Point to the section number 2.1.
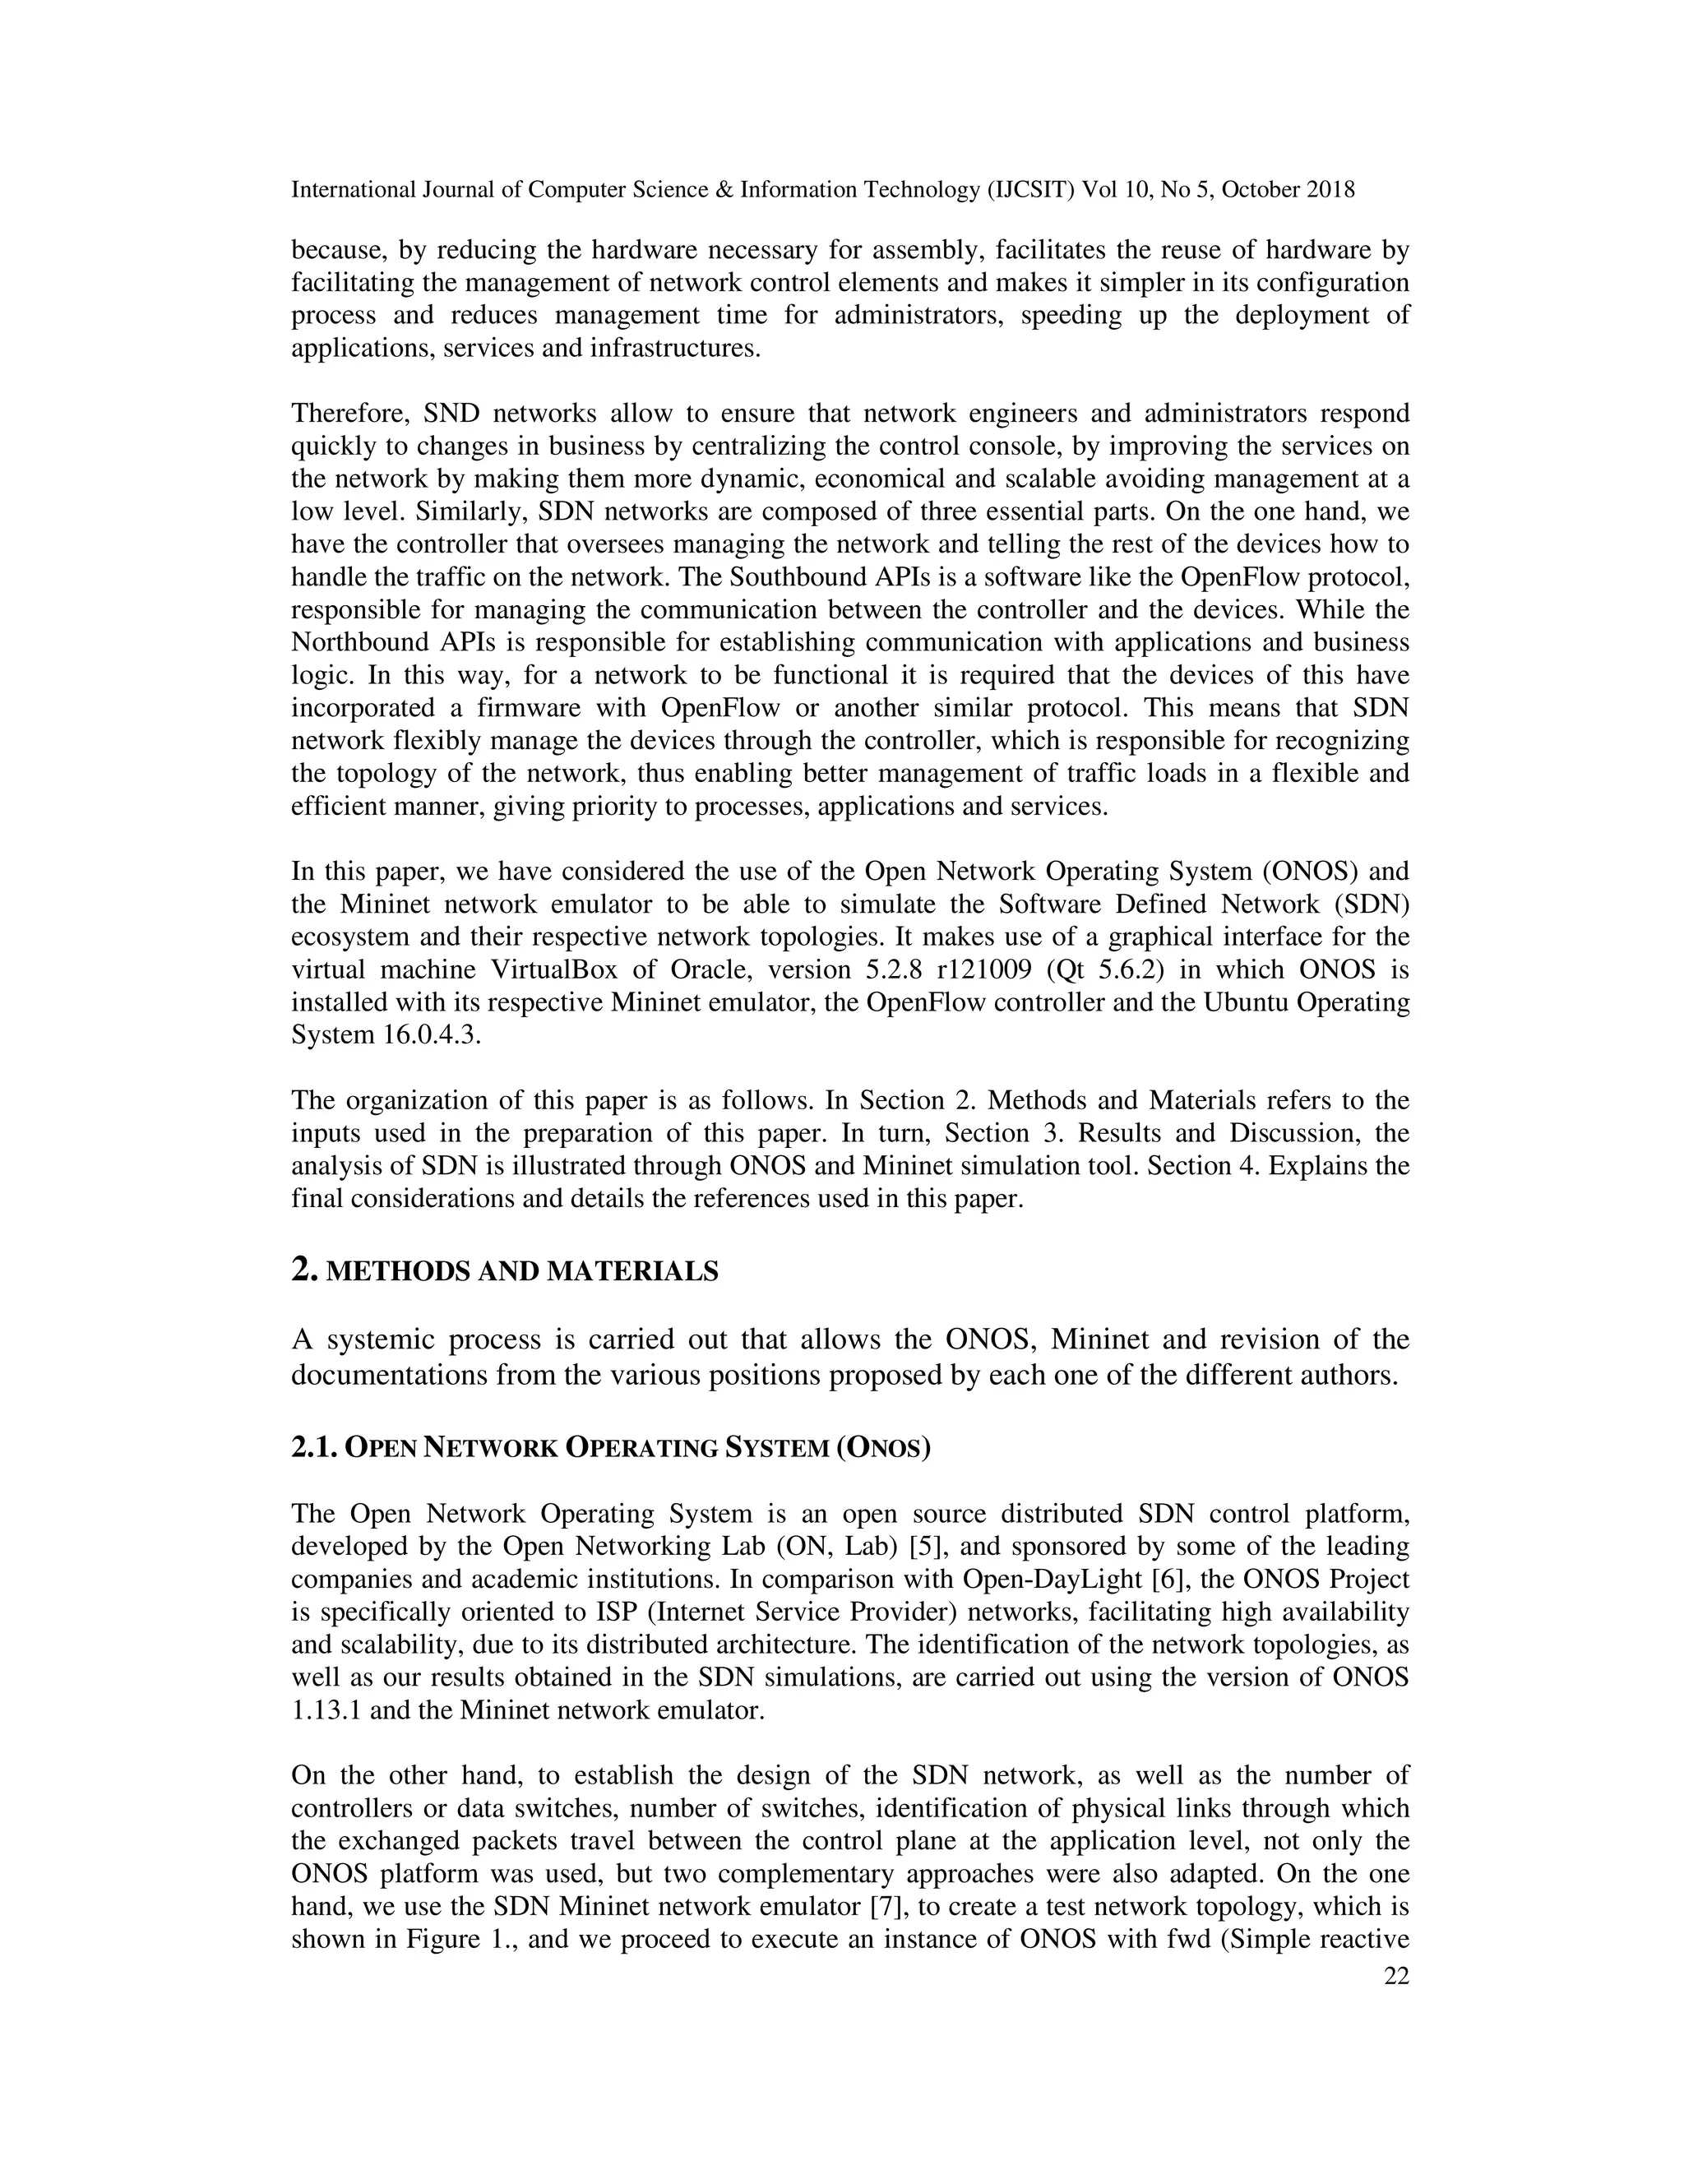(313, 1448)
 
